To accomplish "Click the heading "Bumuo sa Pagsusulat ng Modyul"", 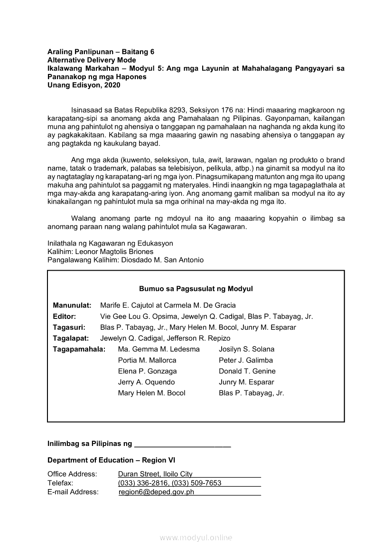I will tap(196, 289).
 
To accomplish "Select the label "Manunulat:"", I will tap(72, 305).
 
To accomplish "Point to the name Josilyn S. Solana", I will tap(246, 349).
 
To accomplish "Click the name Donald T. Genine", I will tap(247, 371).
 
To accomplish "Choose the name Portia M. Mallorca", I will tap(147, 360).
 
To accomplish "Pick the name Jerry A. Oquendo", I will tap(146, 382).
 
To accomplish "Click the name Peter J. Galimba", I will tap(246, 360).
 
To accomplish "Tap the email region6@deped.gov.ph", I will tap(156, 492).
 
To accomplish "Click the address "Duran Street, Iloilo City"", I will tap(155, 474).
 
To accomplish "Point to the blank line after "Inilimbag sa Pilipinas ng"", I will tap(183, 445).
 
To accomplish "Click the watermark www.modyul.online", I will tap(196, 537).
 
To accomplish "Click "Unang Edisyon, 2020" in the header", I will tap(84, 85).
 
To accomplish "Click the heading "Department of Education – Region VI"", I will tap(112, 460).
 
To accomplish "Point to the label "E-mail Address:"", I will tap(73, 492).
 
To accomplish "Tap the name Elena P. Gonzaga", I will tap(147, 371).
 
